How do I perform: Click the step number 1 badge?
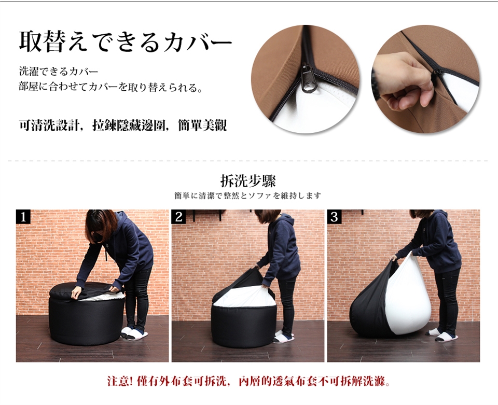pos(23,216)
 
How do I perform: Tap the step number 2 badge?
pos(179,216)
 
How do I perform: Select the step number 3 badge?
pos(335,216)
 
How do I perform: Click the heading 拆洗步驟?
pos(248,181)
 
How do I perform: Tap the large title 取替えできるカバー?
pos(126,42)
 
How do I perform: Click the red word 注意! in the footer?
pos(120,381)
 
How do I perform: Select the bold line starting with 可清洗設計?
pos(123,125)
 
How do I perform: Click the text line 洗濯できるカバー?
pos(59,72)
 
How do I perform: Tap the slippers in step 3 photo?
pos(442,335)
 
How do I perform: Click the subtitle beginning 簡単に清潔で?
pos(248,196)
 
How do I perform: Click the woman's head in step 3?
pos(421,214)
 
